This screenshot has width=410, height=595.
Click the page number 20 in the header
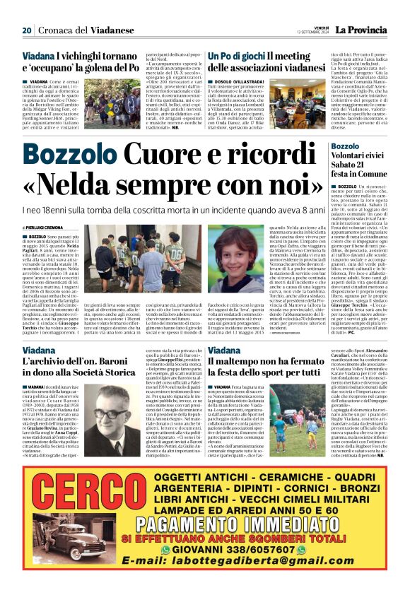pyautogui.click(x=27, y=30)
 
